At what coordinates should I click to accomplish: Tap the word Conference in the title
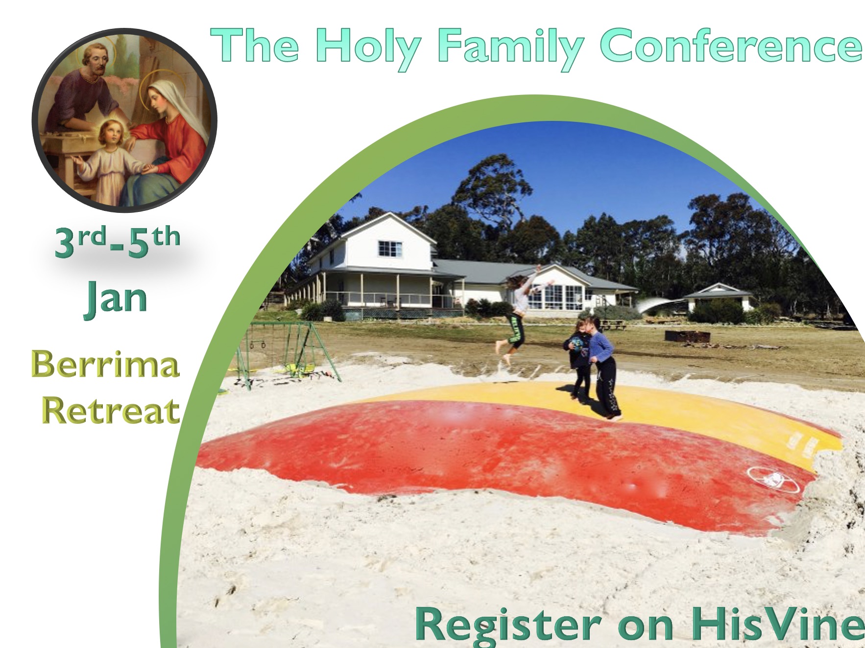tap(731, 45)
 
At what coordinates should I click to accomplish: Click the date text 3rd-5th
tap(118, 242)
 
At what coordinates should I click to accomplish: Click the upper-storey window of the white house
tap(390, 249)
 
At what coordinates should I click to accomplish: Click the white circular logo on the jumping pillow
tap(772, 478)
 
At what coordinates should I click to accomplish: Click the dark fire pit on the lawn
tap(687, 337)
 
